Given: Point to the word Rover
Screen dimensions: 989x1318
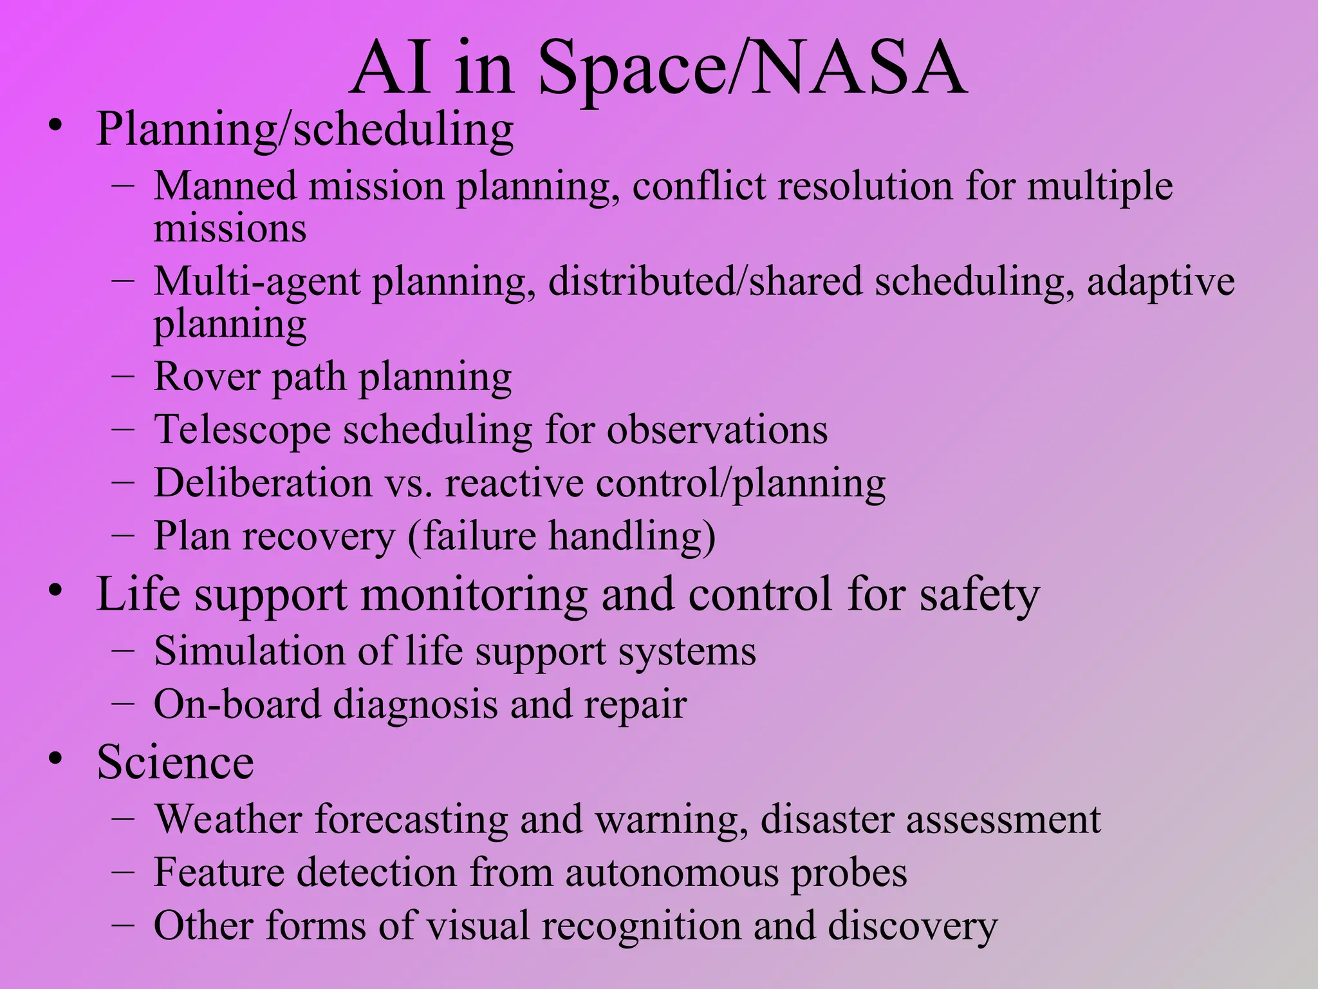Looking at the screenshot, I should click(x=206, y=377).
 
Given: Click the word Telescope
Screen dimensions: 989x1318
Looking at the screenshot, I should click(x=242, y=430).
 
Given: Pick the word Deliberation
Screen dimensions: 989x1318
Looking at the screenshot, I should click(x=263, y=483).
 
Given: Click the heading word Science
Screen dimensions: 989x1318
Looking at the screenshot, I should click(x=175, y=762).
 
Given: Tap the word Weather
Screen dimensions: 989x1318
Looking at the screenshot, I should click(x=228, y=819).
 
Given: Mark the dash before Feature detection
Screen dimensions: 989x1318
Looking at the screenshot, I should click(x=122, y=873).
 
